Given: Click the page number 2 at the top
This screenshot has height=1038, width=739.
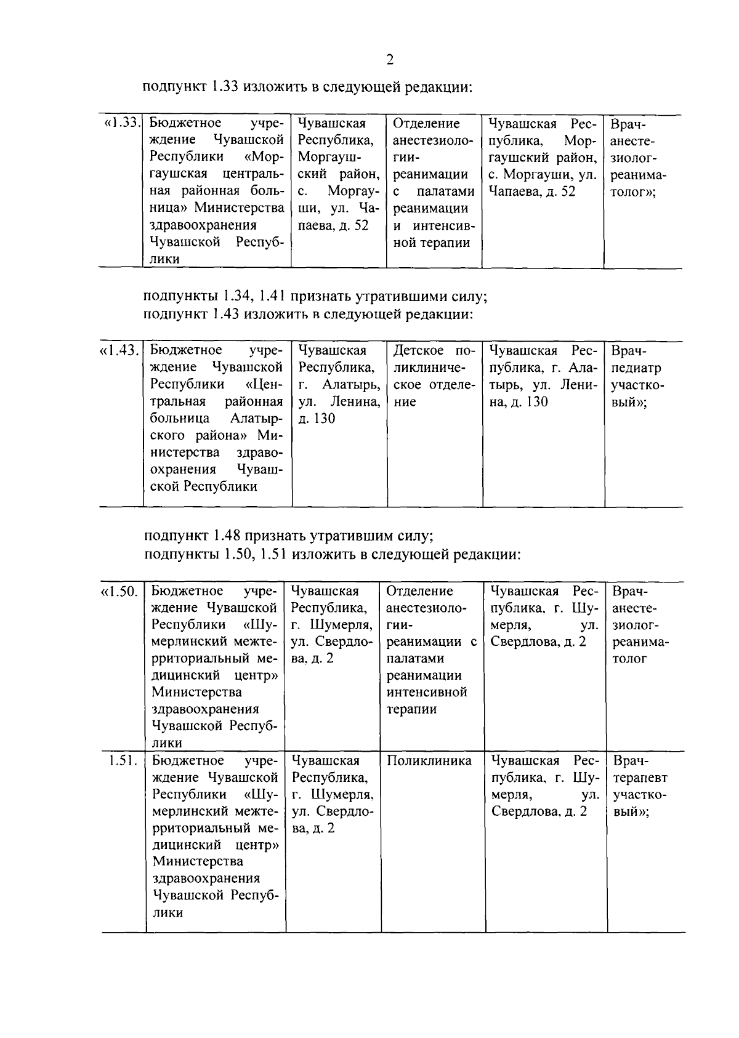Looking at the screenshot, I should coord(389,60).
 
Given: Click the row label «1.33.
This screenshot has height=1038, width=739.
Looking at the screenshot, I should coord(121,123).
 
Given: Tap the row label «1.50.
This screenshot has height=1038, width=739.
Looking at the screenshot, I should coord(119,592).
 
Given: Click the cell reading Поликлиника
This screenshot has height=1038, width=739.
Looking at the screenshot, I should coord(429,761).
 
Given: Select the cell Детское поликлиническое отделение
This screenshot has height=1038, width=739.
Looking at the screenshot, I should coord(434,376).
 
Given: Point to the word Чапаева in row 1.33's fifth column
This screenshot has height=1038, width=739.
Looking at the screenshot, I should coord(510,191).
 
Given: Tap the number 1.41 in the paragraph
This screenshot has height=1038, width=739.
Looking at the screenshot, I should coord(272,296).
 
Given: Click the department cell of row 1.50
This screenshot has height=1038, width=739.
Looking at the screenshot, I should coord(431,650).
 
